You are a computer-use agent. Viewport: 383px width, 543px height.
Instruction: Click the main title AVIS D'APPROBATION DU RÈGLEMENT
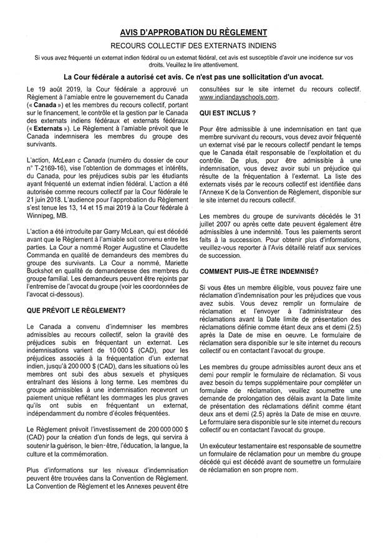[x=191, y=32]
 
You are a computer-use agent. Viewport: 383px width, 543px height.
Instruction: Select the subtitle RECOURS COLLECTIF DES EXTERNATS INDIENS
[x=191, y=45]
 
